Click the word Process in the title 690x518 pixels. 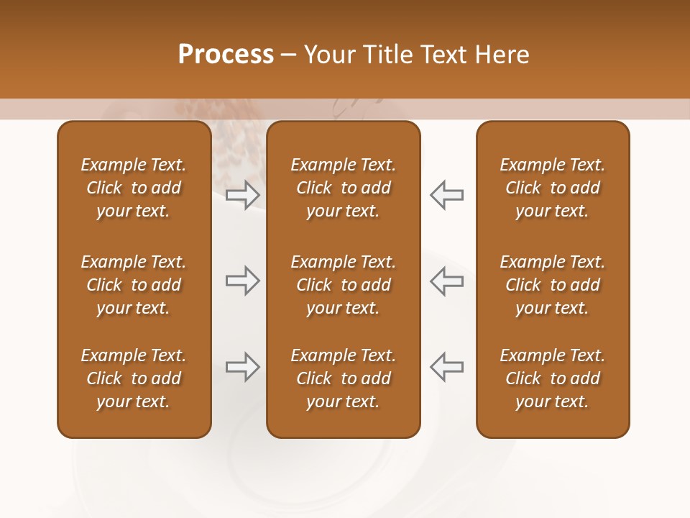(226, 55)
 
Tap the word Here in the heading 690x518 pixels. (501, 55)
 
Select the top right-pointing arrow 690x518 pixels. (243, 194)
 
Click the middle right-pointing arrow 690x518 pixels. (243, 281)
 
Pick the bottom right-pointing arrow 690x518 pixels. (243, 367)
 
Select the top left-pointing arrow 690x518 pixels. (446, 194)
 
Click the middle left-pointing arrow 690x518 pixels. (446, 281)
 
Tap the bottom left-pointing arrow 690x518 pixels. (446, 367)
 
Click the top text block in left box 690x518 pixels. (134, 188)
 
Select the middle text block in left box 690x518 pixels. (134, 285)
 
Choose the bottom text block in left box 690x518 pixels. (134, 378)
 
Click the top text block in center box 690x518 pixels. (344, 188)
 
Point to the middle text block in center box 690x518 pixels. (344, 285)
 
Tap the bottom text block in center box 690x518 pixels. (344, 378)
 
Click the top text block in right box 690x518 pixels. (553, 188)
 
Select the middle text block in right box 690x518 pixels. (553, 285)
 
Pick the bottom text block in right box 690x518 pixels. (553, 378)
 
